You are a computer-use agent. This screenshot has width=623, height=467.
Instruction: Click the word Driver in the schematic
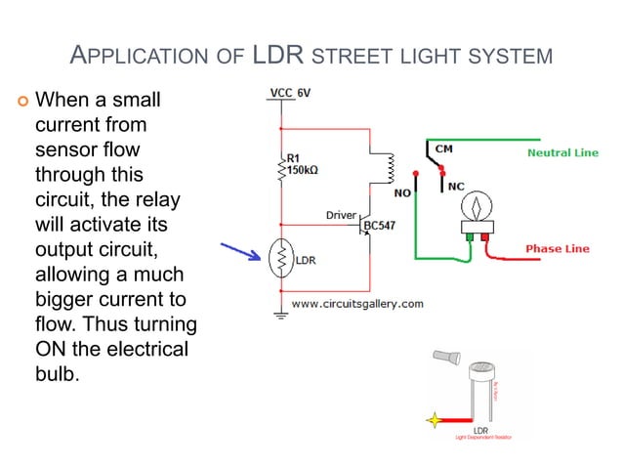(342, 215)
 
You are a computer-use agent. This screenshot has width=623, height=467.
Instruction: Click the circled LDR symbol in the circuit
(280, 259)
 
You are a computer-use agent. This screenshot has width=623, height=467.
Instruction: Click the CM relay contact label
(443, 149)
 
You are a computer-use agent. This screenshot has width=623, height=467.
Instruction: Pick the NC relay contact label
(456, 184)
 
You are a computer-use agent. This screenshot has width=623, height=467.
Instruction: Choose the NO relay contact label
(402, 192)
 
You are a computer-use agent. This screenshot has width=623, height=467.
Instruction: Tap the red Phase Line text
(558, 249)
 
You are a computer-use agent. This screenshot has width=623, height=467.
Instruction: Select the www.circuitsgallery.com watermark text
(357, 304)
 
